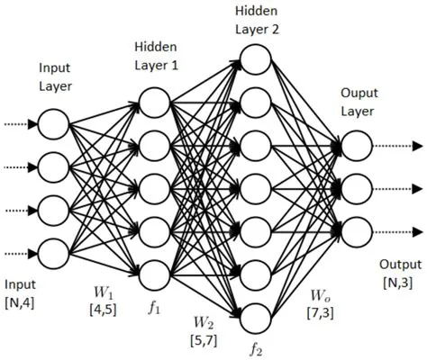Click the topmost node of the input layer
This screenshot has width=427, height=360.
[54, 123]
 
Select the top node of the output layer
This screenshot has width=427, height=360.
[356, 145]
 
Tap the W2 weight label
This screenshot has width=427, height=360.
[203, 322]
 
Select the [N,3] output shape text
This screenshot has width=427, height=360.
[397, 283]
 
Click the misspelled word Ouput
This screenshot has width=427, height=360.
[356, 94]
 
